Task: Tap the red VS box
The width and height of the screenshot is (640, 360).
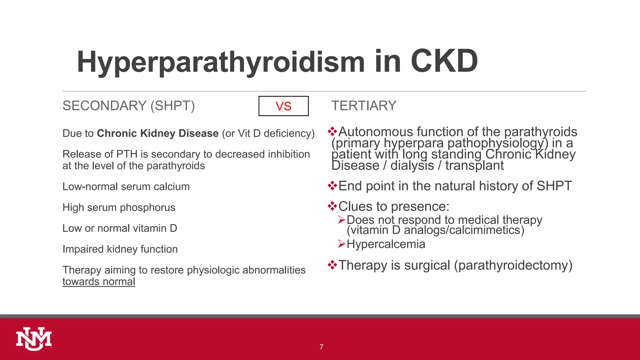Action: point(283,106)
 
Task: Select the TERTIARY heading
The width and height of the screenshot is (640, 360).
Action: point(364,106)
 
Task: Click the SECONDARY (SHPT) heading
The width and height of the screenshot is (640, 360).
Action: point(128,106)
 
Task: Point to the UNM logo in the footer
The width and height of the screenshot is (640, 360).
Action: point(34,339)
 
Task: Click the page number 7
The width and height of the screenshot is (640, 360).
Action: point(321,347)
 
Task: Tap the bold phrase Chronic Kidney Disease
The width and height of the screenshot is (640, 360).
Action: point(157,133)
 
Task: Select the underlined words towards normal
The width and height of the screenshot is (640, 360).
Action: point(99,282)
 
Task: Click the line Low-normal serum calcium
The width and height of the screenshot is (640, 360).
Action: point(126,187)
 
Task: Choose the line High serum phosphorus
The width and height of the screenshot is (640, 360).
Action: point(119,207)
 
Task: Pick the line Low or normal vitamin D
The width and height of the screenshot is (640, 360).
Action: point(120,228)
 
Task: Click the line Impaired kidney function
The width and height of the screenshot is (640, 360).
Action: point(120,249)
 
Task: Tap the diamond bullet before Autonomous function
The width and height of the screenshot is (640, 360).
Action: point(332,132)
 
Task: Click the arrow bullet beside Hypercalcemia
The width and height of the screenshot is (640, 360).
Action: point(341,244)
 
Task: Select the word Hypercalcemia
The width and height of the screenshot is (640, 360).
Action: point(386,244)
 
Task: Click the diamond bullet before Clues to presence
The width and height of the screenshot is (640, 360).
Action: point(332,206)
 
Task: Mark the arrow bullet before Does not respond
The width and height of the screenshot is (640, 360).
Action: point(341,220)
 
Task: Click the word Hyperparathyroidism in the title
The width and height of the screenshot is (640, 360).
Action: point(221,62)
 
